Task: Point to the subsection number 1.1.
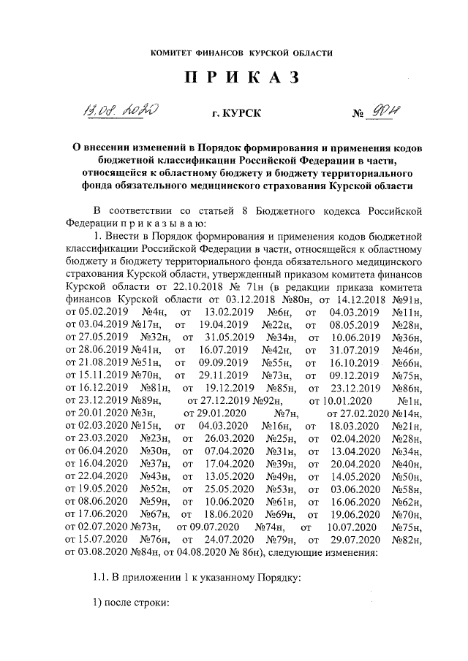pos(101,579)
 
